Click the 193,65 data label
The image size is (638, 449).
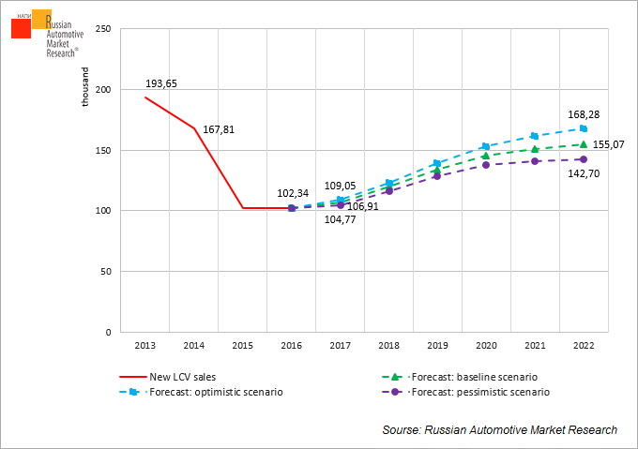161,83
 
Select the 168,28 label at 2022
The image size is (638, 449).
583,114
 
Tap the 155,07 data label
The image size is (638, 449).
609,144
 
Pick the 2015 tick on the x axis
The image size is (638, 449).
242,346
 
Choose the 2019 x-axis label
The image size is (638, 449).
437,346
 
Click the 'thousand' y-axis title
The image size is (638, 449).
85,87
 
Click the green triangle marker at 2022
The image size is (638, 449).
584,144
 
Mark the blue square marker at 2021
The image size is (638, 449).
535,136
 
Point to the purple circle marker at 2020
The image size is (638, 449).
486,165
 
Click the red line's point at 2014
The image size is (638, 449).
194,128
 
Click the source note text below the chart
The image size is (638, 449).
499,429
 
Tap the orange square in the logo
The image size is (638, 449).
42,20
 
